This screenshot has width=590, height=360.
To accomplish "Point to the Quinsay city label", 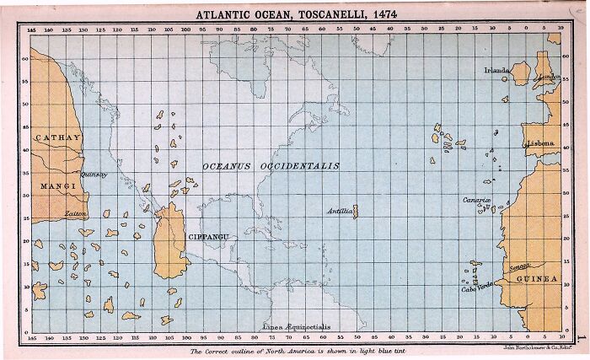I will click(x=93, y=175).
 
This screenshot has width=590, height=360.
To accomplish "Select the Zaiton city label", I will click(x=76, y=214).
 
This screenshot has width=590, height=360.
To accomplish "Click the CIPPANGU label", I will click(x=210, y=237).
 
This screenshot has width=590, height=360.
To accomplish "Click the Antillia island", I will click(x=355, y=211).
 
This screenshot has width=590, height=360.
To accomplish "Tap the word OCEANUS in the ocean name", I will click(x=229, y=166).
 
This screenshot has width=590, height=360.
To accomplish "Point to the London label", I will click(x=548, y=78).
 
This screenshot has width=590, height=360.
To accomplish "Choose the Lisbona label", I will click(x=540, y=143).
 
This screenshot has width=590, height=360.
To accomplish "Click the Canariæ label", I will click(x=476, y=200).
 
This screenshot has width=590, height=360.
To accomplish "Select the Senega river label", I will click(x=519, y=266).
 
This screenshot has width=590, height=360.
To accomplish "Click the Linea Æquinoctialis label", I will click(x=291, y=325).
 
